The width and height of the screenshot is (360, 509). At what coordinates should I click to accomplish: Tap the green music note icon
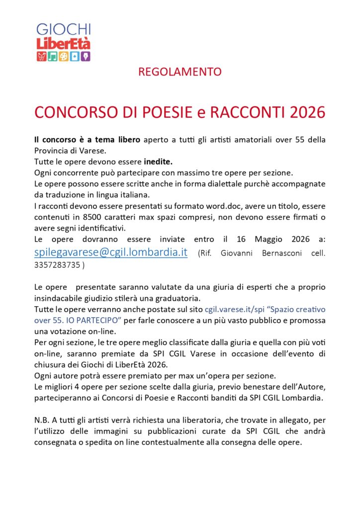point(52,56)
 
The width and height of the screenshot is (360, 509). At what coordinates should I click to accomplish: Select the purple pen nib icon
point(86,56)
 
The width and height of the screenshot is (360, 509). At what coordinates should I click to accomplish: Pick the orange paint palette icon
point(63,56)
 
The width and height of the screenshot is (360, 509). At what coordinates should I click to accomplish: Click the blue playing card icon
point(75,56)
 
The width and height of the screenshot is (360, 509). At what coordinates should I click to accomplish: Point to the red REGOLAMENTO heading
point(180,72)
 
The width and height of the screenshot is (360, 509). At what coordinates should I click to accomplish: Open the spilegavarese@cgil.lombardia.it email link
point(111,252)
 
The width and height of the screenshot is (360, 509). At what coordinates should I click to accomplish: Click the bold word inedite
point(158,162)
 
